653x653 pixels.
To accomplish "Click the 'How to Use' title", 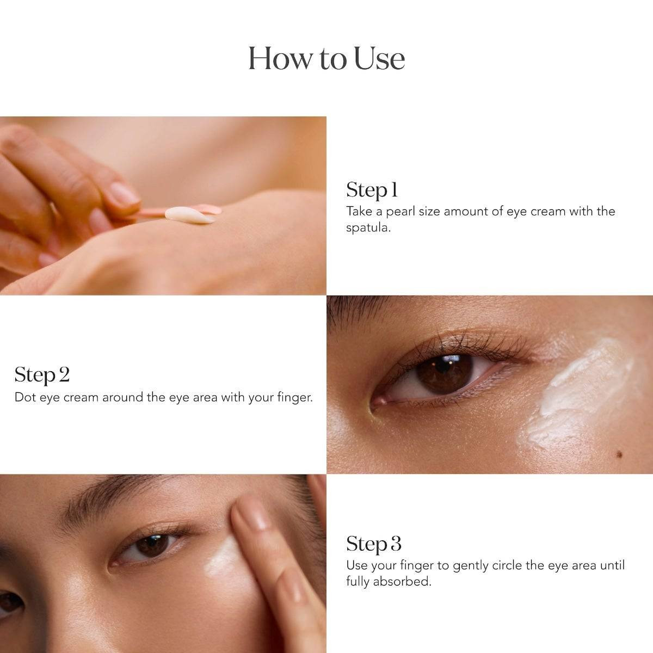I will (x=326, y=59).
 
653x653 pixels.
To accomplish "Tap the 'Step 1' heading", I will (x=372, y=190).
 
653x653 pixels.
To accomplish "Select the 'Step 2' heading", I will (x=42, y=375).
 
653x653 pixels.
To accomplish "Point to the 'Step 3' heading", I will (x=374, y=544).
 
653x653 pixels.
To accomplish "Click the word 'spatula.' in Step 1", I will (x=368, y=227).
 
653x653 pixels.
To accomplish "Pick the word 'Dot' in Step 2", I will (x=25, y=397).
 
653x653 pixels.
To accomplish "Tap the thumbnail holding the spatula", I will (x=124, y=194).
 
